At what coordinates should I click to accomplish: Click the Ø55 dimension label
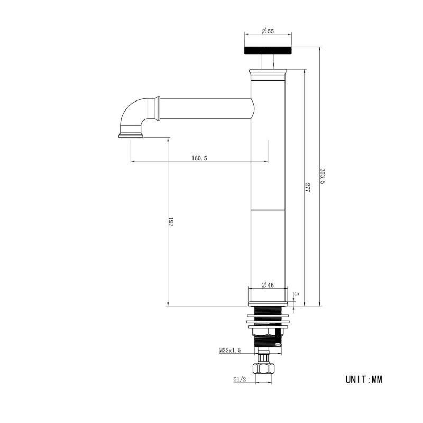click(268, 31)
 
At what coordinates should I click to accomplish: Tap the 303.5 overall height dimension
click(323, 176)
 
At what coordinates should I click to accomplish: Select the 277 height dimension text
click(307, 187)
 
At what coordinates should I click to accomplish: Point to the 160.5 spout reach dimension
click(199, 158)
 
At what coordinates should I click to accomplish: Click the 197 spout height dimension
click(171, 222)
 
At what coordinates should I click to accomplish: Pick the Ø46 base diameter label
click(268, 285)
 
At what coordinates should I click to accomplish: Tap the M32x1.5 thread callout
click(230, 351)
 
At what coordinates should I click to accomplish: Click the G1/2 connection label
click(240, 379)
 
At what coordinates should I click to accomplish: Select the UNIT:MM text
click(364, 380)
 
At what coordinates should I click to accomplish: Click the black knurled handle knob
click(268, 50)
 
